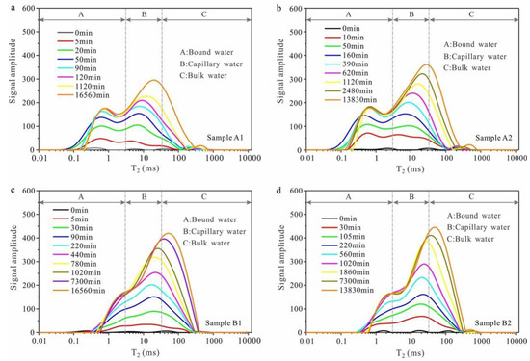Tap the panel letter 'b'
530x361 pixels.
277,8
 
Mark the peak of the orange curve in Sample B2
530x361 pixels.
433,228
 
